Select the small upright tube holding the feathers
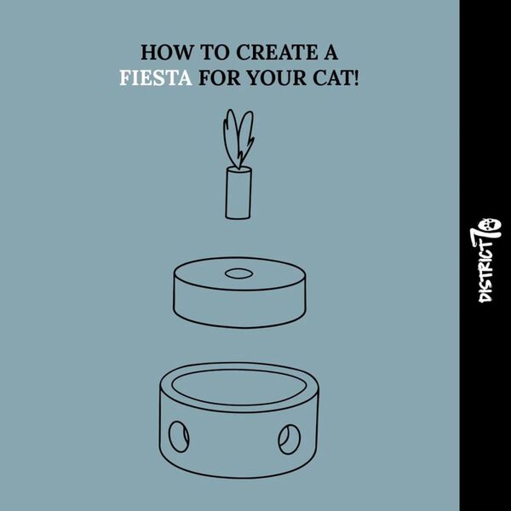click(238, 195)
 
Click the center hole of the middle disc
click(238, 274)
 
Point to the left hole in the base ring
click(180, 437)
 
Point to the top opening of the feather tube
click(238, 171)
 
